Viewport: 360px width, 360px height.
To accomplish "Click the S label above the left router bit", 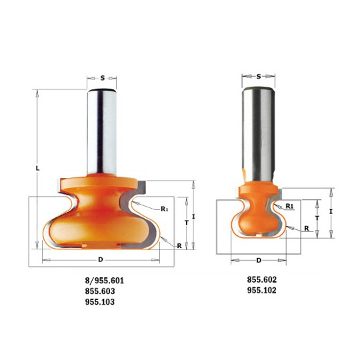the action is click(103, 78).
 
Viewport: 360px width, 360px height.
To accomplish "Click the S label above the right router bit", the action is click(259, 77).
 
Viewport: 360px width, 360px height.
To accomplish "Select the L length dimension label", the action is click(37, 168).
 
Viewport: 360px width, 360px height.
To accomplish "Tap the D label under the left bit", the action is click(101, 260).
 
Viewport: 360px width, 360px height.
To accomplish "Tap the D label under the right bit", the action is click(259, 261).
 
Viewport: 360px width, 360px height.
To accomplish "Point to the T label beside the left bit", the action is click(187, 223).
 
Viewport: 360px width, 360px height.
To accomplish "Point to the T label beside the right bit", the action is click(317, 218).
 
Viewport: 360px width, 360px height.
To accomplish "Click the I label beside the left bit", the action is click(193, 216).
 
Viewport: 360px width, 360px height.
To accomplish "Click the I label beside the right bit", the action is click(331, 211).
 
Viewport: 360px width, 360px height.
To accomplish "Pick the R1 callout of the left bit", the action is click(165, 209).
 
